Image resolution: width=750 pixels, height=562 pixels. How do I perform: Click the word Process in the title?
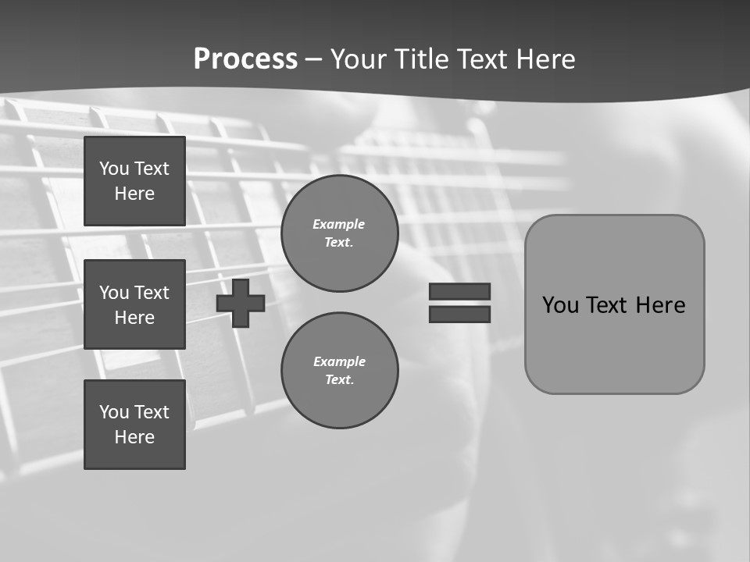click(245, 59)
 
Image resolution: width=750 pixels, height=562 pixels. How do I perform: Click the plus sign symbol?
click(241, 304)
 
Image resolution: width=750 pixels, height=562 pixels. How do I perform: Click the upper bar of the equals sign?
click(459, 291)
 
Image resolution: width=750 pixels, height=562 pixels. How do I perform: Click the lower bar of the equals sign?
click(459, 314)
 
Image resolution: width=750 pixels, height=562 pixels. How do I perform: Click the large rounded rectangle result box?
click(614, 351)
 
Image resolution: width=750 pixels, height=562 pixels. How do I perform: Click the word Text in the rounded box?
click(606, 305)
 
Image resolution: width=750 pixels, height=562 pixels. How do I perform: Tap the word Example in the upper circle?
click(338, 224)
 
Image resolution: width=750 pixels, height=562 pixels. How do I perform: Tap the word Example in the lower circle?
click(339, 361)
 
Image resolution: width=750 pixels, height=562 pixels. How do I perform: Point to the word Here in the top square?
click(134, 194)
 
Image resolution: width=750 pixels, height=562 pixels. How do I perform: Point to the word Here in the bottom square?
click(134, 437)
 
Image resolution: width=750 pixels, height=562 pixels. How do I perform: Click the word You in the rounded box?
click(560, 305)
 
